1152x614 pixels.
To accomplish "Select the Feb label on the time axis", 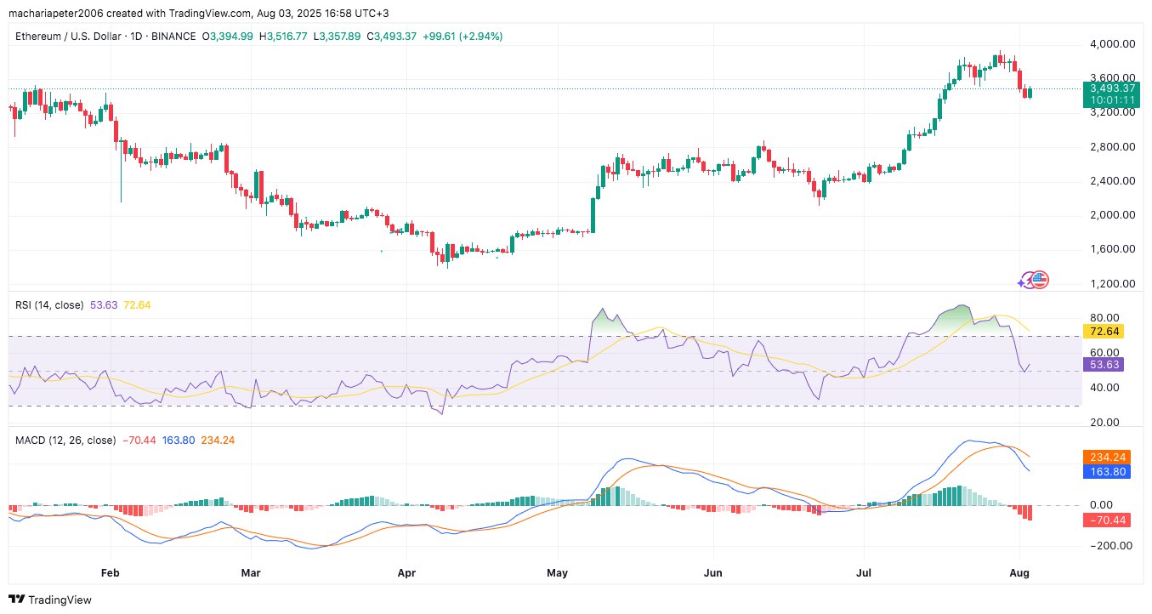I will (109, 573).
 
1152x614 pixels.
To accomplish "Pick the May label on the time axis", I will (558, 573).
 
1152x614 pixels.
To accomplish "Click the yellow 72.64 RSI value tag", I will (1104, 331).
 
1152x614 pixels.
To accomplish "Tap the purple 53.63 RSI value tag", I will (1104, 364).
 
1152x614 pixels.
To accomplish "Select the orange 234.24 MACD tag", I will (1106, 456).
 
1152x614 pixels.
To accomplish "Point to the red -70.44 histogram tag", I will (1106, 520).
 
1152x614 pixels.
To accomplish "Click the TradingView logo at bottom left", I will (51, 600).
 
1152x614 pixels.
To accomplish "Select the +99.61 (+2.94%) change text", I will (463, 37).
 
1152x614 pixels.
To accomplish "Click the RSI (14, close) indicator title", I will (49, 304).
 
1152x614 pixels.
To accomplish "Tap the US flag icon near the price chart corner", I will (1041, 279).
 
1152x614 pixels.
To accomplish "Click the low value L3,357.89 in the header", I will (338, 37).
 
